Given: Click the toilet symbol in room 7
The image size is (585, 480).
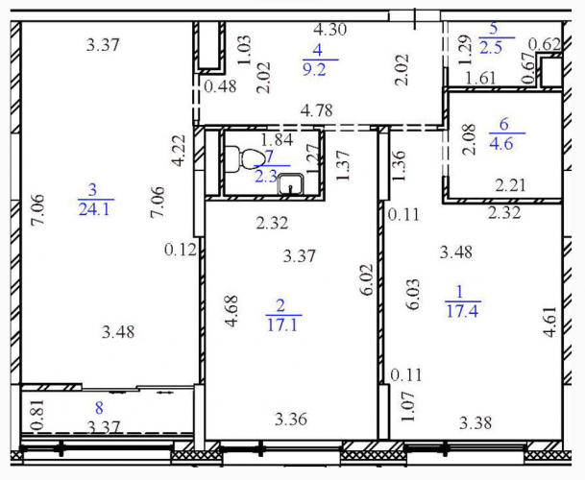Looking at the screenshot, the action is click(x=243, y=160).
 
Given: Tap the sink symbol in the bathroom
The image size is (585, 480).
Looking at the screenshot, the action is click(x=291, y=184).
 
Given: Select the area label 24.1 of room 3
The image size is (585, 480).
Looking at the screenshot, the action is click(x=94, y=209).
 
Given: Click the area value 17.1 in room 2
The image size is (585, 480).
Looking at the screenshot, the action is click(x=282, y=324).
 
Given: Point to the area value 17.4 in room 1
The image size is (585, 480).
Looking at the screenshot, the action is click(x=462, y=310).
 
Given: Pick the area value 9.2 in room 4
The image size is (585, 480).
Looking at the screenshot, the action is click(x=314, y=70).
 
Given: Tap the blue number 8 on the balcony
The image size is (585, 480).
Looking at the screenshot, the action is click(x=99, y=408).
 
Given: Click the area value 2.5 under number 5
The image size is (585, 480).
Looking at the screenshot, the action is click(x=491, y=48).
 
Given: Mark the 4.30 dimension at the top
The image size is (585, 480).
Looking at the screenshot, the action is click(x=330, y=29).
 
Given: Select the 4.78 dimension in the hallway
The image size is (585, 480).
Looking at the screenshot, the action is click(x=317, y=110).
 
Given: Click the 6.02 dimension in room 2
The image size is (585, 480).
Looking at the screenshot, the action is click(x=367, y=279).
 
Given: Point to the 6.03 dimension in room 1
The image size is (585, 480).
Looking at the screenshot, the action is click(x=413, y=295).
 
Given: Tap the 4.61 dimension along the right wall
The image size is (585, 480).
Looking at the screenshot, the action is click(x=550, y=322).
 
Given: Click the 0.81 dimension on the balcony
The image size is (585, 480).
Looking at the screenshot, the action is click(x=38, y=414).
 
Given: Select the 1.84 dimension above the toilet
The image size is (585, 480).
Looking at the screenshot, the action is click(x=278, y=139).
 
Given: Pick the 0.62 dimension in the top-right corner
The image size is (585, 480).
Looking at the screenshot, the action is click(x=545, y=45).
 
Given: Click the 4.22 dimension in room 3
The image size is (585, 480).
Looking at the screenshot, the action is click(x=179, y=151).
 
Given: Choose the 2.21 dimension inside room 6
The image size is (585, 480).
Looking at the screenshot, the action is click(x=510, y=185).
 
